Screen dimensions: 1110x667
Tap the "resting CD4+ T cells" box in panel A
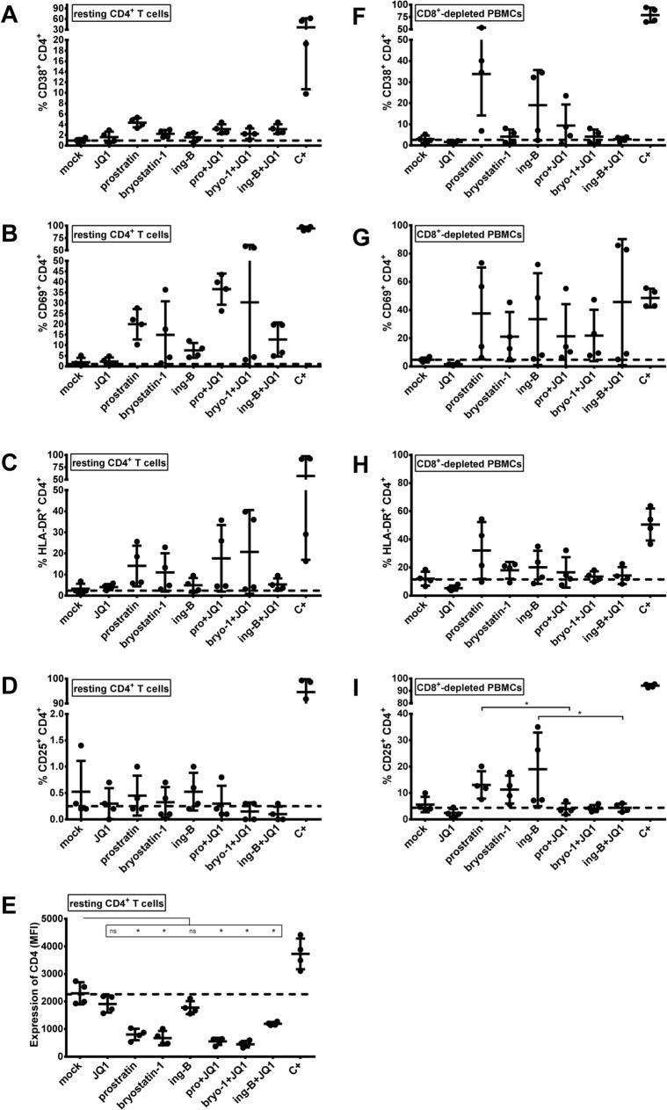(121, 17)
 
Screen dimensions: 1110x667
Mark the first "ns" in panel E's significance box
(112, 931)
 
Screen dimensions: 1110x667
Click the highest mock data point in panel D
(81, 745)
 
